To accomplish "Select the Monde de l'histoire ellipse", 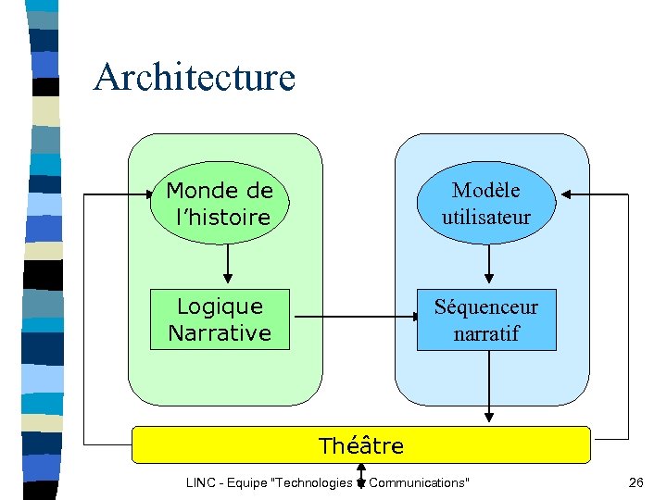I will [219, 204].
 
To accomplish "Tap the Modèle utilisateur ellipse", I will [486, 204].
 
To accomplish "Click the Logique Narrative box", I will [220, 319].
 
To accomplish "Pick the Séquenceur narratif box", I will [486, 319].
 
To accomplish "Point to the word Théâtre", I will [361, 445].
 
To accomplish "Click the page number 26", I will [636, 482].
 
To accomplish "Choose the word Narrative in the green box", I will [220, 332].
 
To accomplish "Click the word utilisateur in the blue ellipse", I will [486, 218].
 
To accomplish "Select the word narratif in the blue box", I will [486, 333].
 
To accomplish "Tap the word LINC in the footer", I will [201, 482].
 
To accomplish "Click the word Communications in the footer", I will [419, 482].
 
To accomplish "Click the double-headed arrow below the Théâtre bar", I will [360, 475].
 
